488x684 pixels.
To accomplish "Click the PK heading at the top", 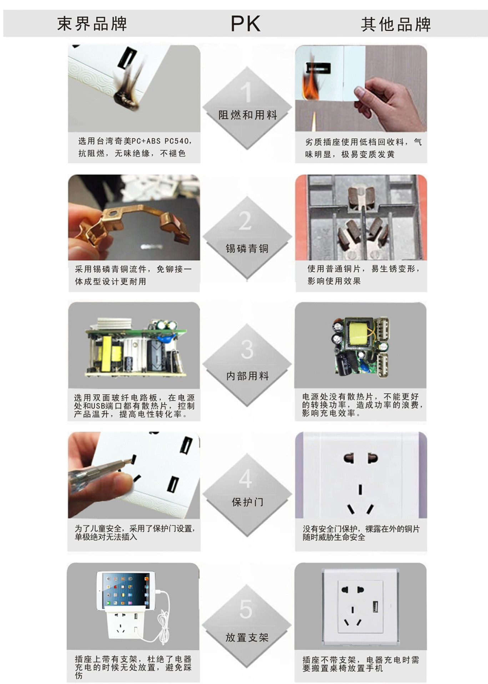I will pyautogui.click(x=245, y=24).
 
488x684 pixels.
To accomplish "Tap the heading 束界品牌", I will pyautogui.click(x=92, y=24).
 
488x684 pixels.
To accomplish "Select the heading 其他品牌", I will pyautogui.click(x=396, y=25).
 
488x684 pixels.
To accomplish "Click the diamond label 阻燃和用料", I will pyautogui.click(x=248, y=115).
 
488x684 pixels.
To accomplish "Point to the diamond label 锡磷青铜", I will pyautogui.click(x=247, y=248).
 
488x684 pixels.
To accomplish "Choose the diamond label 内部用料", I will pyautogui.click(x=247, y=376).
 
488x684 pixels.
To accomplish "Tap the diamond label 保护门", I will pyautogui.click(x=247, y=502).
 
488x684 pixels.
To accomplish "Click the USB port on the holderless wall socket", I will pyautogui.click(x=375, y=606).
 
